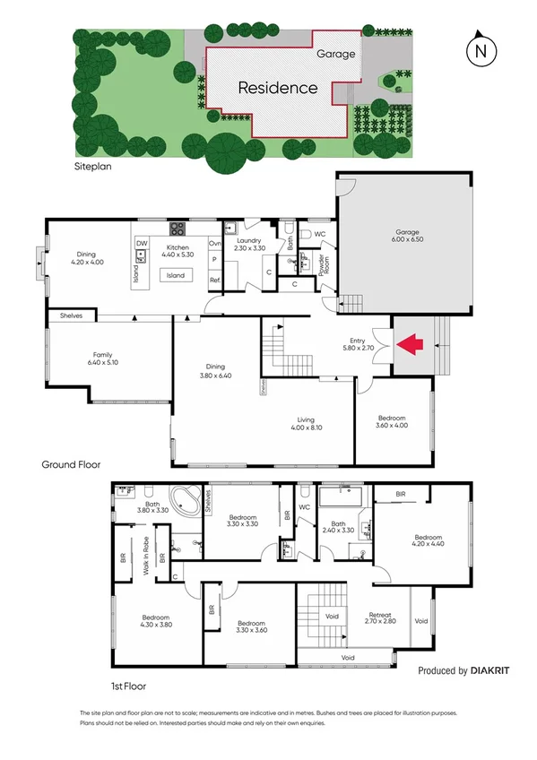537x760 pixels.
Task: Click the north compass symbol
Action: click(481, 51)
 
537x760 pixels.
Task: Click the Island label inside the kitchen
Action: click(175, 275)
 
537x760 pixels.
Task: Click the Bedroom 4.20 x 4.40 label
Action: click(429, 539)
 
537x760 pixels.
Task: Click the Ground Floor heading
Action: click(71, 465)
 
